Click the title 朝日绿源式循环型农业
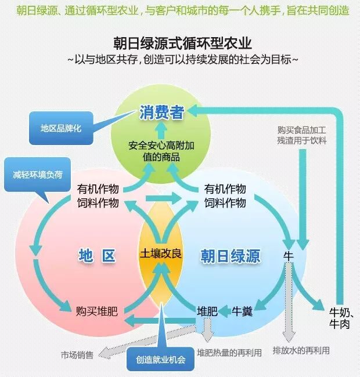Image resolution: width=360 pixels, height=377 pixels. tap(183, 43)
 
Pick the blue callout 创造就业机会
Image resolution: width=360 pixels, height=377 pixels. tap(160, 359)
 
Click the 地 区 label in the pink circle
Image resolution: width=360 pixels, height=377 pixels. tap(97, 255)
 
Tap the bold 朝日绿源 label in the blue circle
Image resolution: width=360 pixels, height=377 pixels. tap(230, 255)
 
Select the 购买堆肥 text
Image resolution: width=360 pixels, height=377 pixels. tap(97, 311)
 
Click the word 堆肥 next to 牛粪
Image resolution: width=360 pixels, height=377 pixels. tap(207, 311)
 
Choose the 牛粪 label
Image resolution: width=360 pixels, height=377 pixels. tap(242, 311)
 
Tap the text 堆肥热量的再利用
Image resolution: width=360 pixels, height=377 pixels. tap(229, 352)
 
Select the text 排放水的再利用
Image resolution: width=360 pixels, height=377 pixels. tap(301, 351)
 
